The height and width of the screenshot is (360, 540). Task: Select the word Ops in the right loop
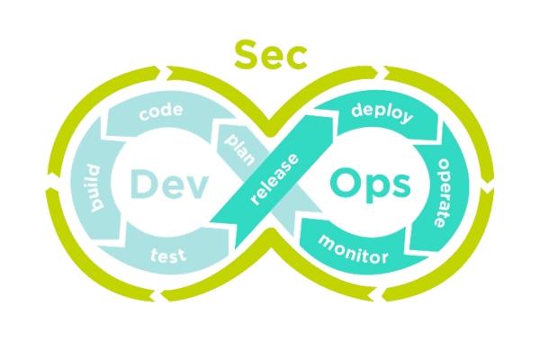tap(370, 185)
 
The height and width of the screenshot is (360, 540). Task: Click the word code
tap(162, 115)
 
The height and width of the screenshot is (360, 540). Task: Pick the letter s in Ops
tap(399, 187)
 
